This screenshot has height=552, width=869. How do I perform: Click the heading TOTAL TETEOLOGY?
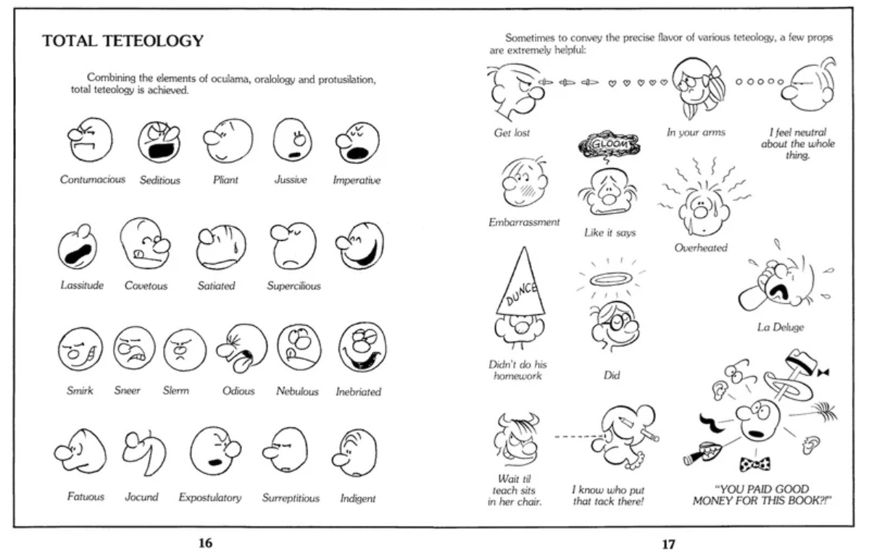pos(122,41)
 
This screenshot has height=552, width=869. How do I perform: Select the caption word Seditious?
pos(159,180)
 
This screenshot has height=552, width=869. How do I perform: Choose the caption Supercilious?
pos(293,286)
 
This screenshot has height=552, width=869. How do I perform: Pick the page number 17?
pos(668,543)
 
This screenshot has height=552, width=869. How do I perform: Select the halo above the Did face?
pos(608,279)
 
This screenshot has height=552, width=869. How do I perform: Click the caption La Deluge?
pos(780,327)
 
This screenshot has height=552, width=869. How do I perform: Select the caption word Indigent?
pos(357,498)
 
